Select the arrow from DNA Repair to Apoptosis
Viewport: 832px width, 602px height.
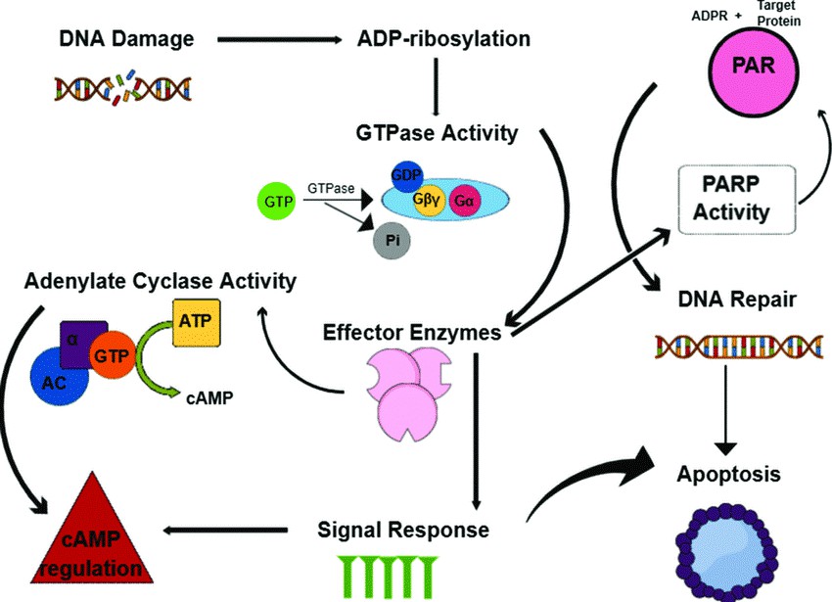[724, 412]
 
